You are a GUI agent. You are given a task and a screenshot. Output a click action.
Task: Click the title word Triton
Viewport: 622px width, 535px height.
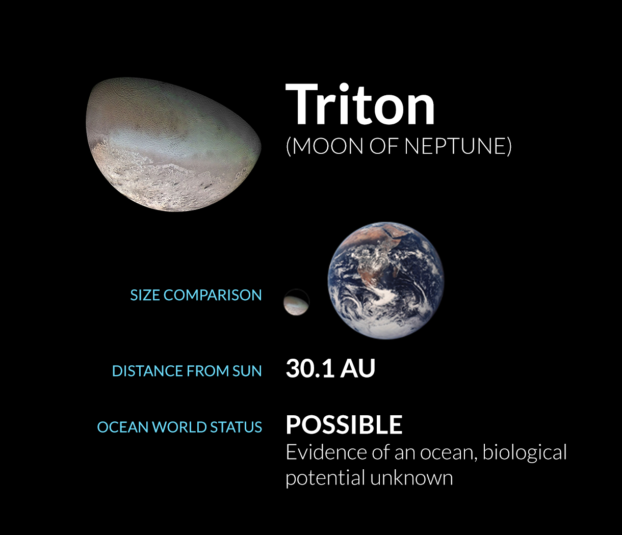coord(360,104)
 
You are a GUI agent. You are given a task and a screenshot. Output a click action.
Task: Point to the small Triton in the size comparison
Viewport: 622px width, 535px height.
coord(296,302)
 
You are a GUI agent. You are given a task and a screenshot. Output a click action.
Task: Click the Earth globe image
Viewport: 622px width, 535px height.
coord(386,280)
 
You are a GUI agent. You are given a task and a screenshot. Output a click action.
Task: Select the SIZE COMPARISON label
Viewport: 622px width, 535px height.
coord(196,295)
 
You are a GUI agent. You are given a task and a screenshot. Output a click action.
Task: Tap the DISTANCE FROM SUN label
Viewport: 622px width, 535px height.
coord(187,371)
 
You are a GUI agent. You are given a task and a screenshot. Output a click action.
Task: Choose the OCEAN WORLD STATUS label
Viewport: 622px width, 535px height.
coord(179,427)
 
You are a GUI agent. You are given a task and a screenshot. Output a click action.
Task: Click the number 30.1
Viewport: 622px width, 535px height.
coord(309,368)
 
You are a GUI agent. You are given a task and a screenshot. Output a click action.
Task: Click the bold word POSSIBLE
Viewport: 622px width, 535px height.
coord(344,425)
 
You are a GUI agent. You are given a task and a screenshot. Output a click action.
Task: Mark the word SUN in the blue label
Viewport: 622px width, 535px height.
coord(247,371)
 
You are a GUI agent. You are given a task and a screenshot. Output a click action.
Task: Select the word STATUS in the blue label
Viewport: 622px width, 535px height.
coord(237,427)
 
